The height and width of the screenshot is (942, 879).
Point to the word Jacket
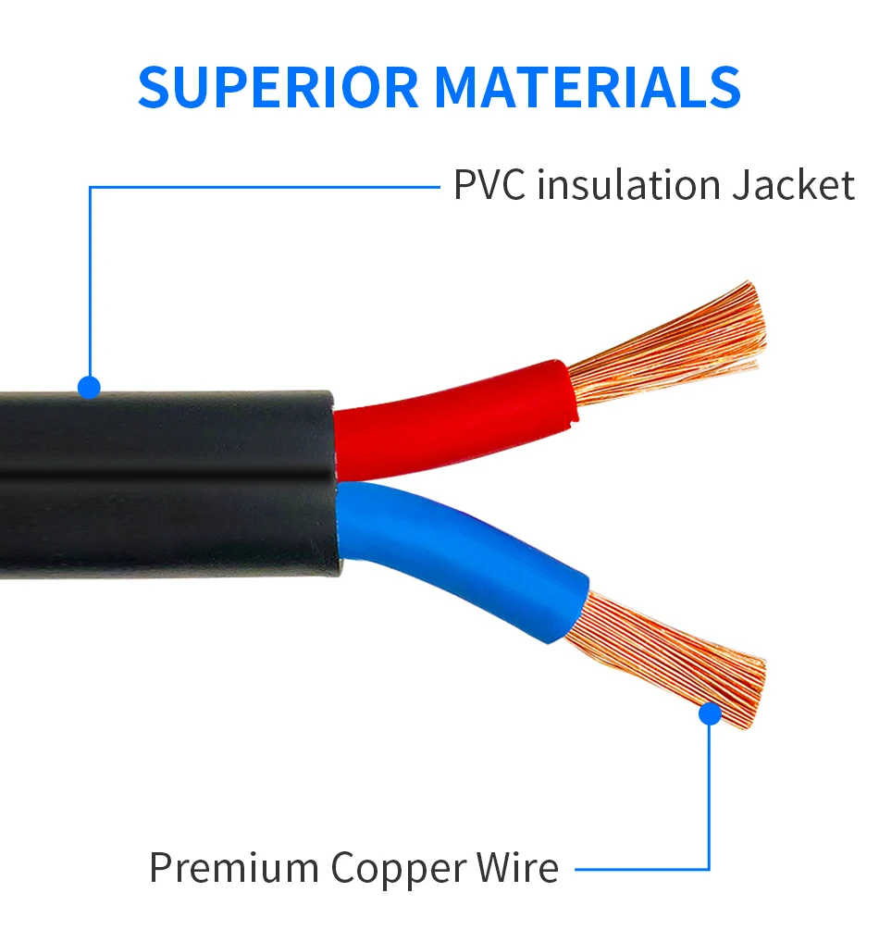794,185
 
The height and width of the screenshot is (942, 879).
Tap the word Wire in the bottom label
517,868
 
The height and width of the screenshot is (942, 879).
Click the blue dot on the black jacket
89,387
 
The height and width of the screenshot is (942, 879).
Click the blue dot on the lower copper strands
710,713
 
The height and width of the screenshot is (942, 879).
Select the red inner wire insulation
453,416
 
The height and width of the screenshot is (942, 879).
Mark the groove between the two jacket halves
167,476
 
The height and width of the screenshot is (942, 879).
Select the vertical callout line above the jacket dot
90,278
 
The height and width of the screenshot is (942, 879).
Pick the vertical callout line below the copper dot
710,796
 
